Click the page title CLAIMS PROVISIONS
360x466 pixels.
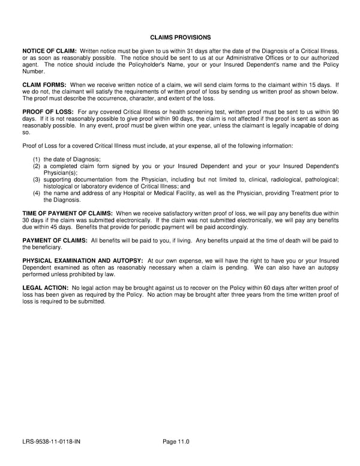(180, 37)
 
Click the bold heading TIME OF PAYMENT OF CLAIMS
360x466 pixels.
(67, 213)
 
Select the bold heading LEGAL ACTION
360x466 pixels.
(45, 288)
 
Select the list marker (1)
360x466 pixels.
(37, 159)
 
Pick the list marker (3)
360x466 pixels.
(37, 180)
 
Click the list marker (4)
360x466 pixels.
(37, 193)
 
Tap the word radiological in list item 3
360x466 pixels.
(274, 180)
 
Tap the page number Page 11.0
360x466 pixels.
(176, 441)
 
